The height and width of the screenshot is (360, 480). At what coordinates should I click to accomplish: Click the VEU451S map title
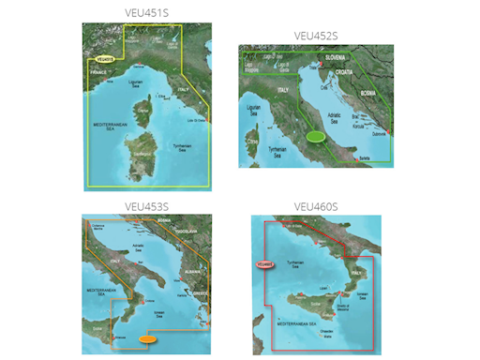pos(146,14)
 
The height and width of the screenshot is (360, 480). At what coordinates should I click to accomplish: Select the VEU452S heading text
pos(316,36)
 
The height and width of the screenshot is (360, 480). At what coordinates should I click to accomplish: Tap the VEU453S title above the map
pos(146,206)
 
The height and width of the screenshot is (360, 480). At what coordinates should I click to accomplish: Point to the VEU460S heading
pos(316,206)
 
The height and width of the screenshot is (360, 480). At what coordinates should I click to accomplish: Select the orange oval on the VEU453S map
pos(149,338)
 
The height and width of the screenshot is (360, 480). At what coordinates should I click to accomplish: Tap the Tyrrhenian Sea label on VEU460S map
pos(298,263)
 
